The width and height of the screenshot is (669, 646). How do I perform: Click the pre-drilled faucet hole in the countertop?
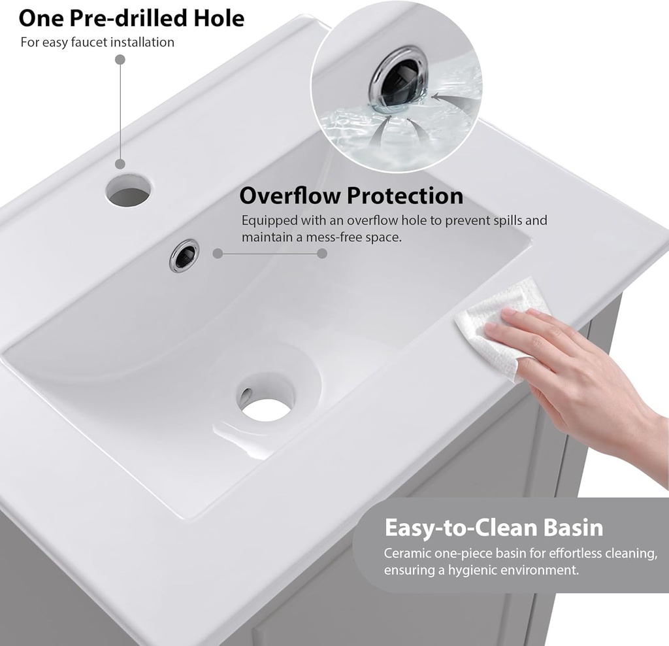pyautogui.click(x=128, y=189)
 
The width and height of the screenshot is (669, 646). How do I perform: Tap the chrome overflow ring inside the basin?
pyautogui.click(x=184, y=255)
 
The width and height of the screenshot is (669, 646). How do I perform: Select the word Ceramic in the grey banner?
pyautogui.click(x=406, y=553)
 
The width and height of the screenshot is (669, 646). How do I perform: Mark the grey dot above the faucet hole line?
pyautogui.click(x=120, y=59)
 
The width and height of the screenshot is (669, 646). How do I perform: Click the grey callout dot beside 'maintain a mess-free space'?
pyautogui.click(x=322, y=253)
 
